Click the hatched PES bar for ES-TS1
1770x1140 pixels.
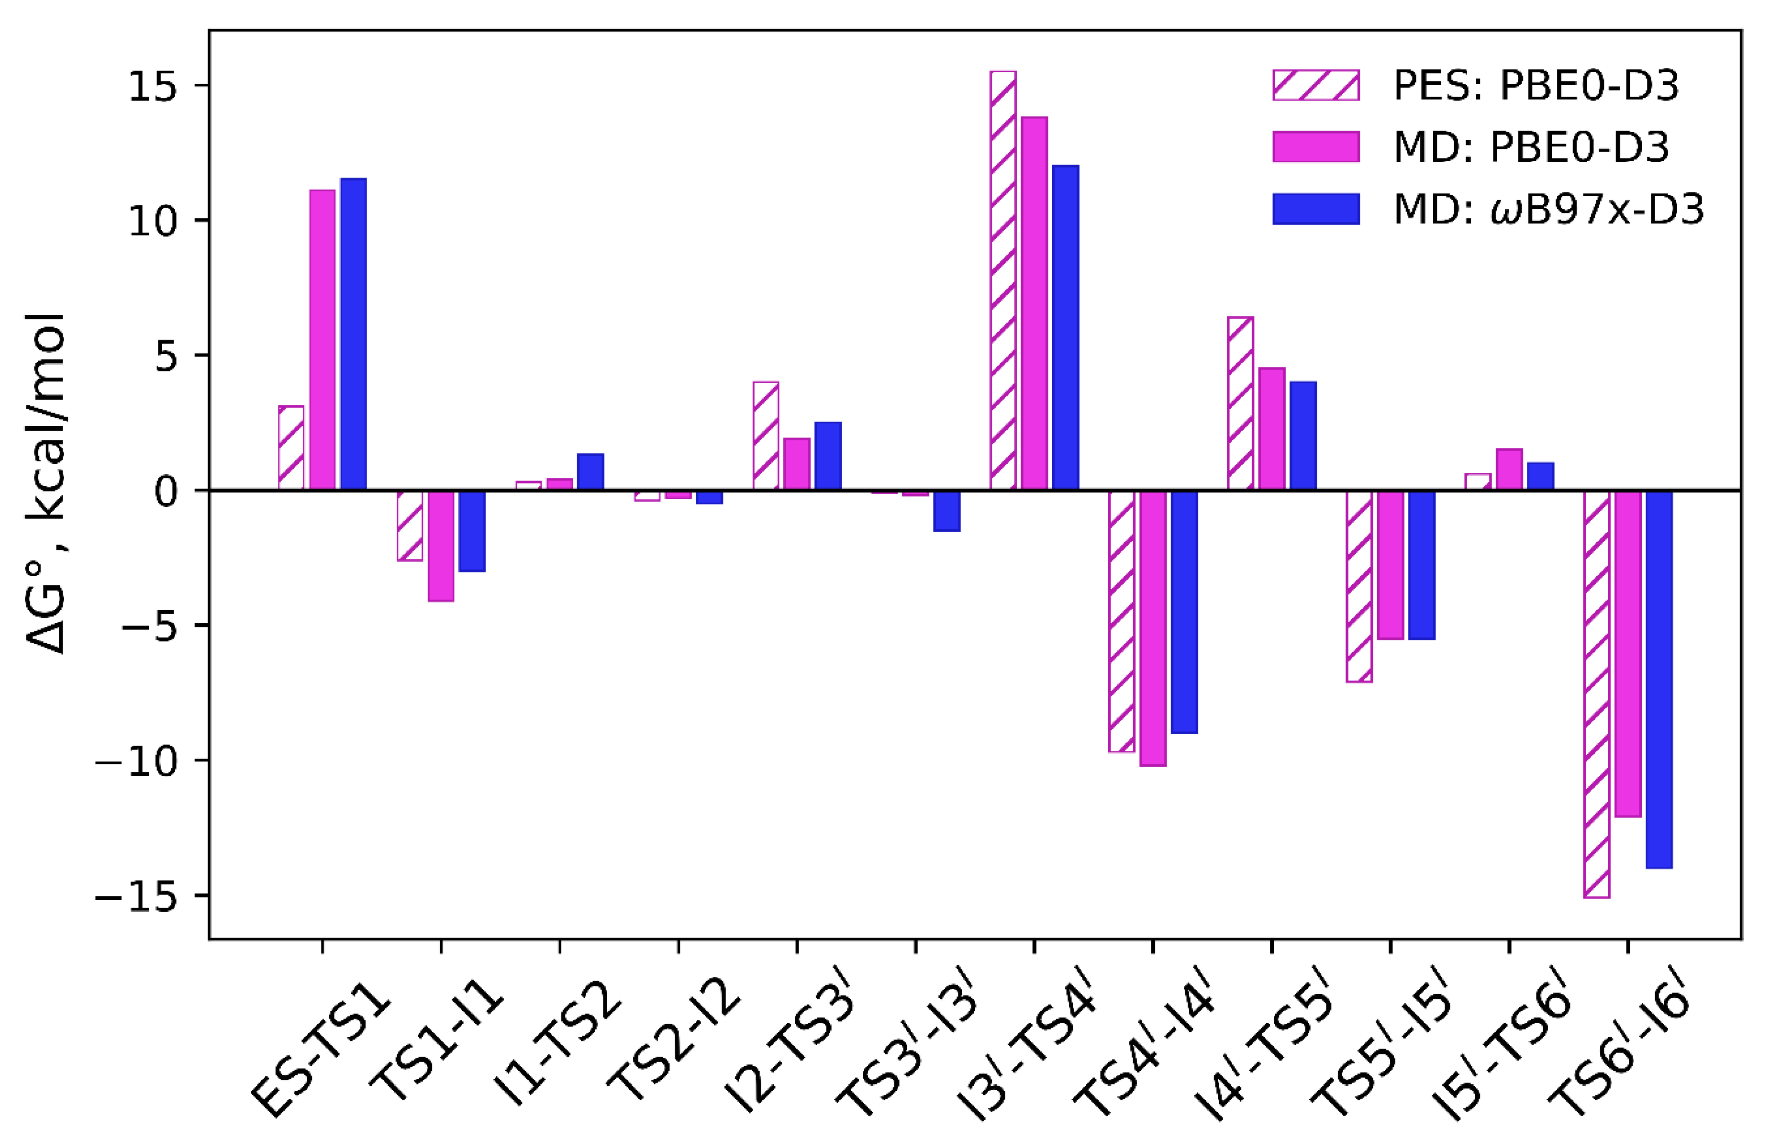[x=291, y=448]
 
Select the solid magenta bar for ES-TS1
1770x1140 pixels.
[x=322, y=341]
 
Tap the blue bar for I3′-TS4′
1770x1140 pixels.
[x=1066, y=327]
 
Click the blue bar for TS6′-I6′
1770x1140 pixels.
[x=1659, y=679]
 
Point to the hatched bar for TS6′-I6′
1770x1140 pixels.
[x=1596, y=693]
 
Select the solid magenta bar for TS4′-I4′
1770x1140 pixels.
[x=1153, y=628]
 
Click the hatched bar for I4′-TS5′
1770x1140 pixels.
[x=1240, y=403]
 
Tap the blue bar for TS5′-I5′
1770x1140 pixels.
[x=1422, y=565]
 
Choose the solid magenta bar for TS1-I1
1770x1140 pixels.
[x=441, y=546]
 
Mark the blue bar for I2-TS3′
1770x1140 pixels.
[x=828, y=456]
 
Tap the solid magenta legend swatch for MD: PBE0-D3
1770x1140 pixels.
[x=1316, y=146]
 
